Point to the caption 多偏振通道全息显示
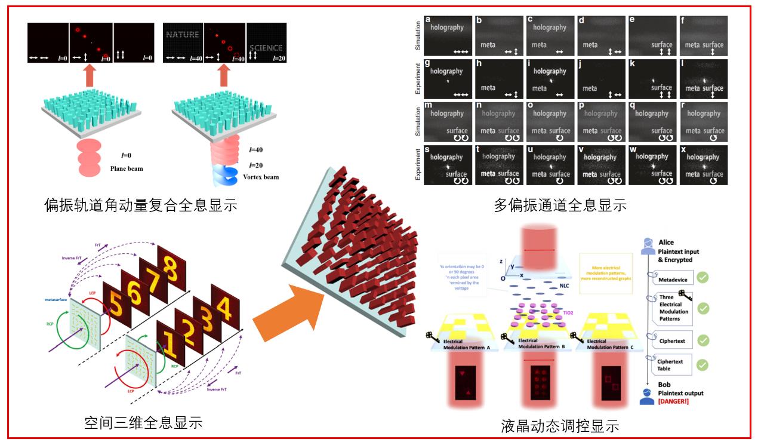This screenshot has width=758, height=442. (x=560, y=205)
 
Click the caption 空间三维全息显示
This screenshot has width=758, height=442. (x=143, y=423)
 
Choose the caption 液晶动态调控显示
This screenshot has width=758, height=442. (x=560, y=426)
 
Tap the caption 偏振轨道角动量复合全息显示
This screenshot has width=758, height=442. (x=141, y=205)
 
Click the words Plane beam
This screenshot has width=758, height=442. (x=127, y=168)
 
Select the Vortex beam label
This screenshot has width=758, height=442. (x=261, y=177)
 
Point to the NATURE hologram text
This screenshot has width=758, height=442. (x=183, y=35)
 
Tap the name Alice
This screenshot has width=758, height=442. (x=666, y=243)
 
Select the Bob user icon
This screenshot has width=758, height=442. (x=646, y=397)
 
